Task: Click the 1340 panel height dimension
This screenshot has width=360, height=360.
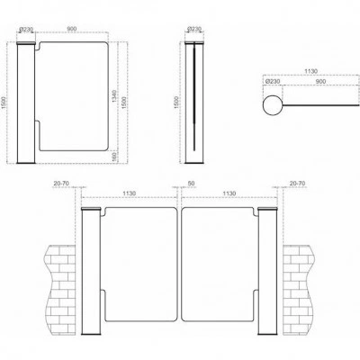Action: click(x=114, y=95)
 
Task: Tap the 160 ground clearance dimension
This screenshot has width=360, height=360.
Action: click(x=114, y=156)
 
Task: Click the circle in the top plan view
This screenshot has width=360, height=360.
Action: click(x=273, y=105)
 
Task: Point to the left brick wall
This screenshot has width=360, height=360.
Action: click(x=60, y=289)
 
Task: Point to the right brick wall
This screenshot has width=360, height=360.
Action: click(x=299, y=289)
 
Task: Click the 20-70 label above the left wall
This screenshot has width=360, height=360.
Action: click(x=60, y=183)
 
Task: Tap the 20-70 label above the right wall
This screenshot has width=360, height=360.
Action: click(x=298, y=183)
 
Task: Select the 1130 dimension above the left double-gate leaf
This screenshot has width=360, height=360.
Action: click(x=130, y=193)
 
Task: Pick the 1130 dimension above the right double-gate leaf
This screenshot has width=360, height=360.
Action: click(x=229, y=193)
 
